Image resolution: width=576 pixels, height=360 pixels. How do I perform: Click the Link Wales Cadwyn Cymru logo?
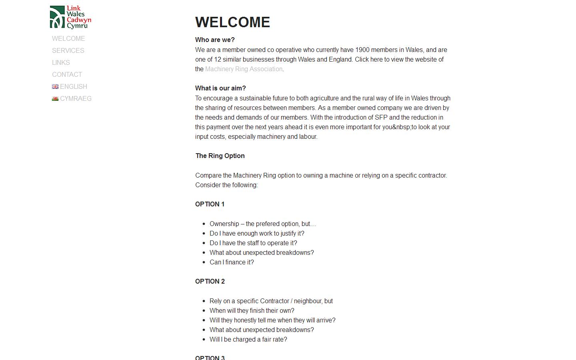[70, 17]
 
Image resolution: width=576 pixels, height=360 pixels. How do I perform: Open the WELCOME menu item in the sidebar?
[68, 39]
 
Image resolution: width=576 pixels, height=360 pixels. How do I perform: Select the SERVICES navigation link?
[68, 51]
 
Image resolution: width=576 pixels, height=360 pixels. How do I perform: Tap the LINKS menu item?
[61, 63]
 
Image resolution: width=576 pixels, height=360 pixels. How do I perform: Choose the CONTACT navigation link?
[67, 75]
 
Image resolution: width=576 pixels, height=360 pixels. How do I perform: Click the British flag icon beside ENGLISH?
[55, 87]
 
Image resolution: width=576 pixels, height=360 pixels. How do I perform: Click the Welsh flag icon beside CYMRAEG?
[55, 99]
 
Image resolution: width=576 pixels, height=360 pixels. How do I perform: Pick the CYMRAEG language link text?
[76, 99]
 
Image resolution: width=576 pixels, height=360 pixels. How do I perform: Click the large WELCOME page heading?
[232, 22]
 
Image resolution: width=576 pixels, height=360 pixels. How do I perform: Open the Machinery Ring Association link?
[244, 69]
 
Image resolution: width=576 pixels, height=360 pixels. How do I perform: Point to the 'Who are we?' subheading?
[215, 40]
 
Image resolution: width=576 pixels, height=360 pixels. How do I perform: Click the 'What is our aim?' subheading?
[220, 88]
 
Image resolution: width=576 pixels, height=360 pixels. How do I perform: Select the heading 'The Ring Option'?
[220, 156]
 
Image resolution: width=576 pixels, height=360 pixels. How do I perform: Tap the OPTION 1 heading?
[210, 204]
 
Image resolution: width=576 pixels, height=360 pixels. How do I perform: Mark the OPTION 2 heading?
[210, 282]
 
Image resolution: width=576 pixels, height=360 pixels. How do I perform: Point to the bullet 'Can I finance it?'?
[232, 262]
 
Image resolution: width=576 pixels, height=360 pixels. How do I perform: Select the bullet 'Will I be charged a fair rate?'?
[248, 340]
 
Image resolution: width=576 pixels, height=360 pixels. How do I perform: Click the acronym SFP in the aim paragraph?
[381, 118]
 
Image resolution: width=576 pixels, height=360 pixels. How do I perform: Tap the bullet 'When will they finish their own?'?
[252, 311]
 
